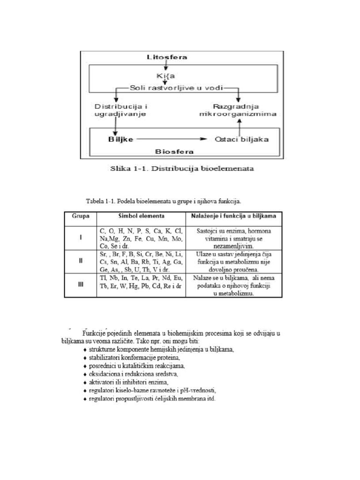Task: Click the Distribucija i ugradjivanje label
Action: click(120, 110)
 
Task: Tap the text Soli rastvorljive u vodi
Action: click(177, 88)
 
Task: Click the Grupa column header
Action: click(81, 216)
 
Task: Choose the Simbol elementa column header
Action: click(141, 216)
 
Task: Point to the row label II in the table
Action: click(81, 261)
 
